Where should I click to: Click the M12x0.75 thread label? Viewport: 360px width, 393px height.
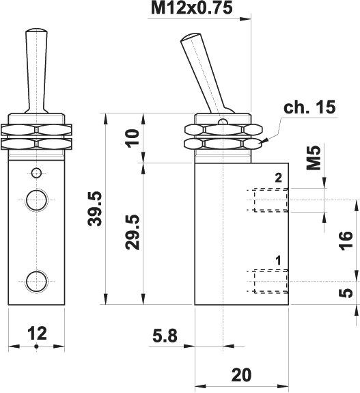pos(192,8)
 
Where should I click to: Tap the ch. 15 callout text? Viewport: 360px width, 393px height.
pos(309,107)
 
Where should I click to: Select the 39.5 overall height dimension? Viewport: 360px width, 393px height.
pos(95,208)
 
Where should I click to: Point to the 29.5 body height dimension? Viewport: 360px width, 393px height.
pos(132,232)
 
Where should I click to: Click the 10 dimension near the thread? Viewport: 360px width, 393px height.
pos(132,138)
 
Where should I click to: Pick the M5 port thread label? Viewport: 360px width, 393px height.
pos(314,158)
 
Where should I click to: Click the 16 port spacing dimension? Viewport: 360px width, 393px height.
pos(345,241)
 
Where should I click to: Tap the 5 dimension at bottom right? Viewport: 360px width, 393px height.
pos(346,293)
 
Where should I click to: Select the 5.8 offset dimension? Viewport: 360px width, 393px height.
pos(165,336)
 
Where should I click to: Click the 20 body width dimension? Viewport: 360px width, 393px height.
pos(241,375)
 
